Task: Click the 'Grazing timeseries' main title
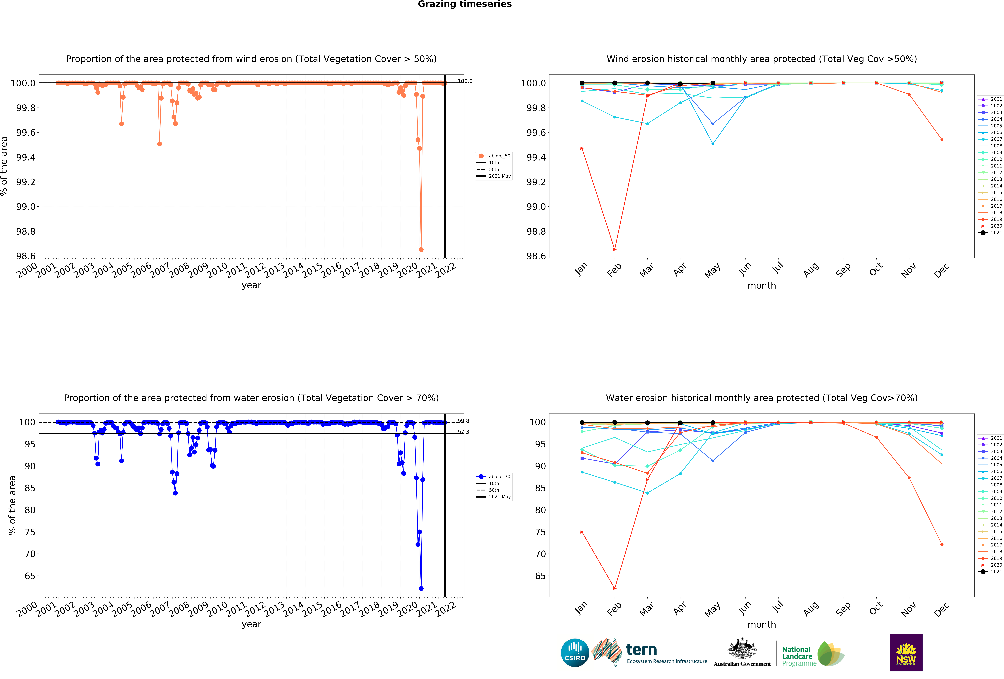(464, 4)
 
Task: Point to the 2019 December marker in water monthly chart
(942, 545)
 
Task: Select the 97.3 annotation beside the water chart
(463, 432)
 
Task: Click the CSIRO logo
(575, 653)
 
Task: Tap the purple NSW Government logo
(906, 653)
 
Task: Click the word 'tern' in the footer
(642, 650)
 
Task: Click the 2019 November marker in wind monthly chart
(909, 94)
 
